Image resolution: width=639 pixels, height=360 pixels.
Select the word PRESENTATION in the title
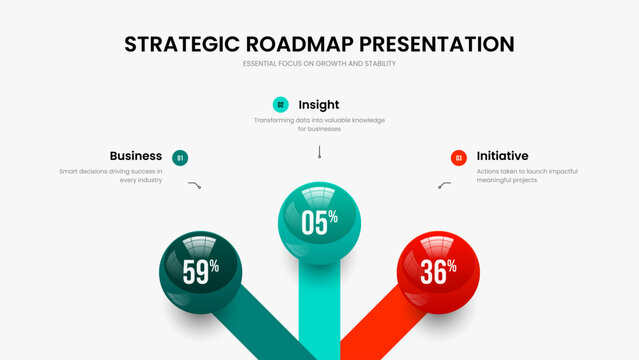pyautogui.click(x=437, y=44)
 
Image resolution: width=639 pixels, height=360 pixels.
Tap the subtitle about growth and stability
pyautogui.click(x=319, y=65)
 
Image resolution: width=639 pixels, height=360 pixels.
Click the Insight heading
pyautogui.click(x=318, y=104)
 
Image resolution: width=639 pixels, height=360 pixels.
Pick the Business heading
pyautogui.click(x=136, y=156)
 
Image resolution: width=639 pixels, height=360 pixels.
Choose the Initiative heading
pyautogui.click(x=502, y=156)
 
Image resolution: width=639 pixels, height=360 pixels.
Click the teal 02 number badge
pyautogui.click(x=281, y=104)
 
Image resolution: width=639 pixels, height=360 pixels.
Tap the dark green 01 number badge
pyautogui.click(x=180, y=157)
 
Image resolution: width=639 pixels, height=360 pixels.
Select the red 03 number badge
pyautogui.click(x=458, y=157)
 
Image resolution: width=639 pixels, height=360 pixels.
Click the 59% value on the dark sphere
pyautogui.click(x=201, y=271)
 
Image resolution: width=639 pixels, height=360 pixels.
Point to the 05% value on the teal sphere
pyautogui.click(x=319, y=222)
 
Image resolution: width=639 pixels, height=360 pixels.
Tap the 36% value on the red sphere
pyautogui.click(x=438, y=270)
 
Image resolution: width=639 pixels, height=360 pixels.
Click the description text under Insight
pyautogui.click(x=319, y=124)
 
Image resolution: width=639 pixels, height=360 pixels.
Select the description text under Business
pyautogui.click(x=110, y=176)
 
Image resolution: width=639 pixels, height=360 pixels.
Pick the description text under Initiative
pyautogui.click(x=527, y=176)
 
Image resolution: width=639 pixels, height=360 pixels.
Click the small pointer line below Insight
pyautogui.click(x=319, y=152)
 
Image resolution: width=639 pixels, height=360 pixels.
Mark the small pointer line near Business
pyautogui.click(x=194, y=185)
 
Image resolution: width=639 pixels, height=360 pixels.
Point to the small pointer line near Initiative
pyautogui.click(x=444, y=185)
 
